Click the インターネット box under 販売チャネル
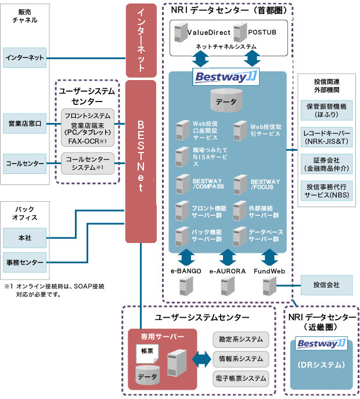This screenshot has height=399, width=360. click(x=24, y=58)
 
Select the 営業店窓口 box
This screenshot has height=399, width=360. click(x=24, y=124)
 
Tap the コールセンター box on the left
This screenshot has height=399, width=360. click(x=24, y=164)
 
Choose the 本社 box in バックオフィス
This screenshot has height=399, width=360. click(x=24, y=237)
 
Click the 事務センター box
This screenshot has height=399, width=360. click(x=24, y=263)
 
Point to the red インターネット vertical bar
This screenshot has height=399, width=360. click(x=141, y=41)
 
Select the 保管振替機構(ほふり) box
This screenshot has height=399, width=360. click(x=326, y=110)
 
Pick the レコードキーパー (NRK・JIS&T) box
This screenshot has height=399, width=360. click(x=326, y=136)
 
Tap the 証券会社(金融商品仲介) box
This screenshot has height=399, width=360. click(x=326, y=163)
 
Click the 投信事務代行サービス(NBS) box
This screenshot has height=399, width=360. click(x=326, y=190)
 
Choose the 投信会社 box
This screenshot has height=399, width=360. click(x=326, y=284)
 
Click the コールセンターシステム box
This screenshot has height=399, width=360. click(x=88, y=163)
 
